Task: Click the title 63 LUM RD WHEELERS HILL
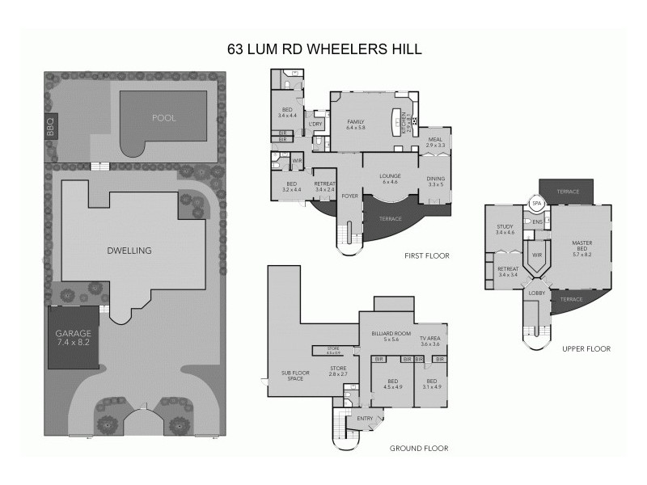323,48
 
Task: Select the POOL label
163,118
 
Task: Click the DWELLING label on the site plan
129,251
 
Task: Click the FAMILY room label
356,123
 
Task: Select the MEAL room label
435,140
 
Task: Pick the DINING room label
436,179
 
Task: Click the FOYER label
350,196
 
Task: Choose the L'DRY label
316,123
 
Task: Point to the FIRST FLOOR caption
426,255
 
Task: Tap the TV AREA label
429,338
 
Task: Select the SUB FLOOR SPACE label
293,376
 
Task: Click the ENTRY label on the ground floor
366,418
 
